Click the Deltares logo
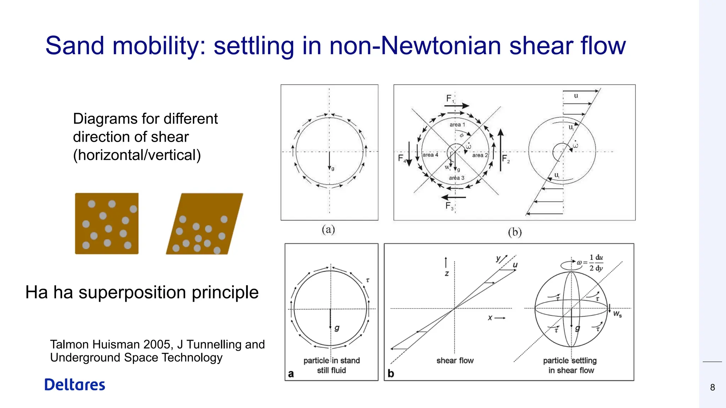point(75,385)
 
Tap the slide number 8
point(713,387)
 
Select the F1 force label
point(450,99)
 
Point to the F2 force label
point(506,159)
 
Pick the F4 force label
point(402,158)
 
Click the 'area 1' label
point(457,125)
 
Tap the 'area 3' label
point(456,178)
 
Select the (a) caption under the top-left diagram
point(328,229)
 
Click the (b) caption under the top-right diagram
point(515,232)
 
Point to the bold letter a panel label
point(291,374)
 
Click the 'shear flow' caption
point(455,361)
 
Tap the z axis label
point(447,273)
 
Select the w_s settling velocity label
point(617,314)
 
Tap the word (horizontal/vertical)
point(137,155)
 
